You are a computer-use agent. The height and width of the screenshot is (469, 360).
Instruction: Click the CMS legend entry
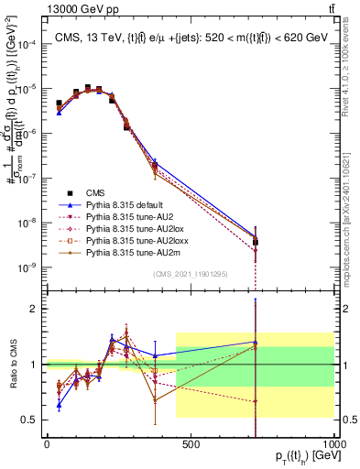pyautogui.click(x=95, y=193)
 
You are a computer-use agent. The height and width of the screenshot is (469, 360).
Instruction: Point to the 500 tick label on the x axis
pyautogui.click(x=191, y=444)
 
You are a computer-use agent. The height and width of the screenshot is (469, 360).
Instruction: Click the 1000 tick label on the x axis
pyautogui.click(x=334, y=444)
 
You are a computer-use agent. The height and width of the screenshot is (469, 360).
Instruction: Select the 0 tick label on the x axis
pyautogui.click(x=47, y=444)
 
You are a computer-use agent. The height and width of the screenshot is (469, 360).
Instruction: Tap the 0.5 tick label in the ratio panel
pyautogui.click(x=32, y=420)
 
